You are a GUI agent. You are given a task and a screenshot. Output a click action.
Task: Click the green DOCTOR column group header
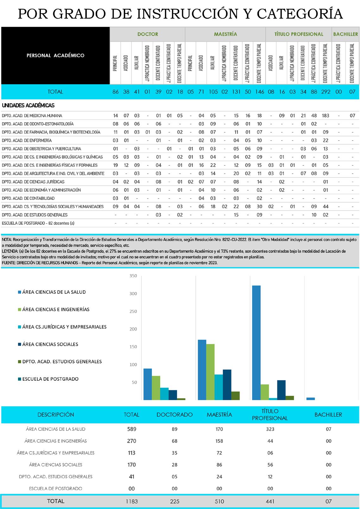pos(148,34)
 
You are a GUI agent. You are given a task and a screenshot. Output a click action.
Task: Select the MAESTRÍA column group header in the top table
pos(225,34)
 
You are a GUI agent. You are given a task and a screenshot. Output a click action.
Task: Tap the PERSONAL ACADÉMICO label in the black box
pos(55,55)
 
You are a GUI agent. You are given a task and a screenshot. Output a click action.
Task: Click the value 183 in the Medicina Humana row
pos(325,116)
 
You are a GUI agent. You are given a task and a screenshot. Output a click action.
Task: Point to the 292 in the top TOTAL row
pos(325,92)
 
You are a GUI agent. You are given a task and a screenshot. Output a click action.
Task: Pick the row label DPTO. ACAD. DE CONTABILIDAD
pos(28,198)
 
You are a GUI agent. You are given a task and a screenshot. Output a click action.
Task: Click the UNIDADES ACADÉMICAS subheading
pos(28,105)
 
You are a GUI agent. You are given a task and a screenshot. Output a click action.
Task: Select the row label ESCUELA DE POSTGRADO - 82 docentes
pos(38,223)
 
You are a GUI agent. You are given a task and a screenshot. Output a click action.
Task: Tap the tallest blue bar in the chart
pos(256,342)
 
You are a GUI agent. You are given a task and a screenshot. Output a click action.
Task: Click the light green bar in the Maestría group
pos(210,372)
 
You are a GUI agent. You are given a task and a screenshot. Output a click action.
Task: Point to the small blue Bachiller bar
pos(311,399)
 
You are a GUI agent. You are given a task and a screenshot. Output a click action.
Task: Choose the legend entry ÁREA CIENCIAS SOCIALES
pos(50,344)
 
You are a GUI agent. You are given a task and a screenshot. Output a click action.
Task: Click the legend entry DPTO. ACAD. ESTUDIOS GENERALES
pos(62,362)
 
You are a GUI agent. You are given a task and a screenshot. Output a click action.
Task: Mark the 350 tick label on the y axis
pos(133,276)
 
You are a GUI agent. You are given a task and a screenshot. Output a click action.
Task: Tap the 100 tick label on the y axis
pos(133,365)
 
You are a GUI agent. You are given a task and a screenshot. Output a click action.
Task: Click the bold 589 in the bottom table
pos(132,429)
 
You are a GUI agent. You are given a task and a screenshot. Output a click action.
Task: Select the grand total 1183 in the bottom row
pos(132,501)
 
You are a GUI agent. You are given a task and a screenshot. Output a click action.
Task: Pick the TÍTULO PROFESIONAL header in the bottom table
pos(270,415)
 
